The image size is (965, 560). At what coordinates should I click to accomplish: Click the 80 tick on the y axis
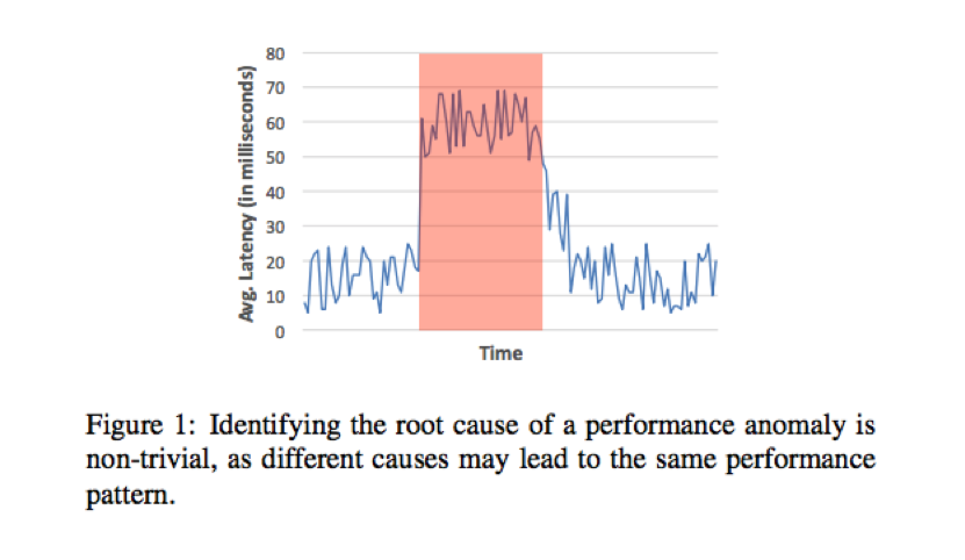[275, 54]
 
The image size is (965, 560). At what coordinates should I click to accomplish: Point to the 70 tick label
[275, 88]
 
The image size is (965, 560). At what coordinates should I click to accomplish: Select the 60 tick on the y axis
[275, 123]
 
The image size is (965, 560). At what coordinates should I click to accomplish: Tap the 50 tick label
[275, 157]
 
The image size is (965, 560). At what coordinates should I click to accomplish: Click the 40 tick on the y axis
[275, 192]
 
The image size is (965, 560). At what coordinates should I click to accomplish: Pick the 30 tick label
[275, 227]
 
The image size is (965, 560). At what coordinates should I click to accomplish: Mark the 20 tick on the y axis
[275, 262]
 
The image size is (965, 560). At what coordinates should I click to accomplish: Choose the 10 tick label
[275, 296]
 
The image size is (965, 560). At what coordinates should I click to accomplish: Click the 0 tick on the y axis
[280, 331]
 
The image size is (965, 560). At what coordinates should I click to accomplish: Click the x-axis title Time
[500, 353]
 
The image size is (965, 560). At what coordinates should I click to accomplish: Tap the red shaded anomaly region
[481, 244]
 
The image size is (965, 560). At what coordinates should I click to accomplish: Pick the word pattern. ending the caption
[130, 496]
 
